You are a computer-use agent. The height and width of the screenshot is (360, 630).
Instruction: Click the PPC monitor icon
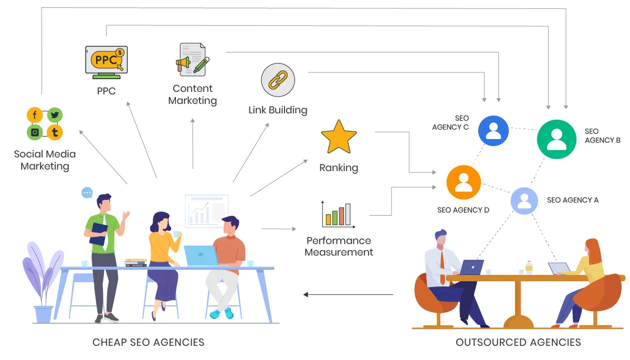(x=107, y=62)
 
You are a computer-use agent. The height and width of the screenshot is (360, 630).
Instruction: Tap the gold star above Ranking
(x=339, y=137)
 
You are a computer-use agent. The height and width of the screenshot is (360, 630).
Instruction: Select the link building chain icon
(x=278, y=81)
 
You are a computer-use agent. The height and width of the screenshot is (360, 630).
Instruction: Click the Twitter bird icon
(x=55, y=115)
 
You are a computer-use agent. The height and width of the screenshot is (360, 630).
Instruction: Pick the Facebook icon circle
(x=35, y=115)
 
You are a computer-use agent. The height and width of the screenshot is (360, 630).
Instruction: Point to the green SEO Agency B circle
(x=556, y=139)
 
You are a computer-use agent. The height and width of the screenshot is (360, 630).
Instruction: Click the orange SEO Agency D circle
(x=464, y=182)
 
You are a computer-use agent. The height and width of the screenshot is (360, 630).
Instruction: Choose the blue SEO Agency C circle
(x=493, y=130)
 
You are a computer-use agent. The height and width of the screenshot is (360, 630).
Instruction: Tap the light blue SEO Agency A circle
(x=524, y=200)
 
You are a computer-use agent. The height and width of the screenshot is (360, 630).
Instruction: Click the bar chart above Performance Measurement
(x=338, y=215)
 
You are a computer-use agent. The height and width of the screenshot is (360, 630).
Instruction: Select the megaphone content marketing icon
(x=192, y=59)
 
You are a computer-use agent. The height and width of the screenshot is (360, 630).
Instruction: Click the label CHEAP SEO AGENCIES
(x=148, y=342)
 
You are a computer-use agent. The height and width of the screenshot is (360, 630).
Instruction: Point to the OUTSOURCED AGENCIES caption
(x=518, y=342)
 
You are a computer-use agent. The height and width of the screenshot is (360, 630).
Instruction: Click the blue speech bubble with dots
(x=87, y=193)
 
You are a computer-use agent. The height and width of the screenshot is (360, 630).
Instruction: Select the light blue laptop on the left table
(x=201, y=256)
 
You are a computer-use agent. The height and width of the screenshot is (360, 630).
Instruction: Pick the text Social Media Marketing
(x=45, y=160)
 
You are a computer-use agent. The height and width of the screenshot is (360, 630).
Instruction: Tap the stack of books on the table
(x=135, y=262)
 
